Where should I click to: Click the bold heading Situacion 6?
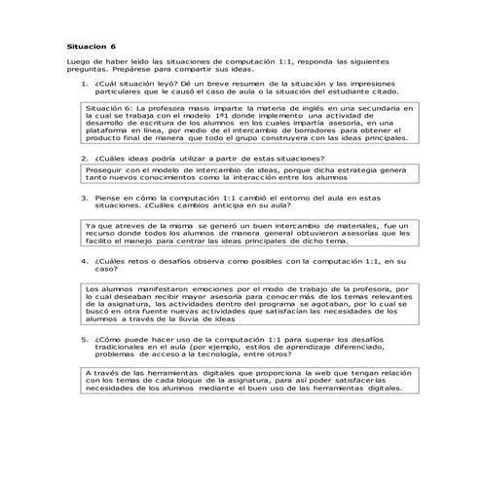90,46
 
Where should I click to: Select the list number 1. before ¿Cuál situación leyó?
85,85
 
